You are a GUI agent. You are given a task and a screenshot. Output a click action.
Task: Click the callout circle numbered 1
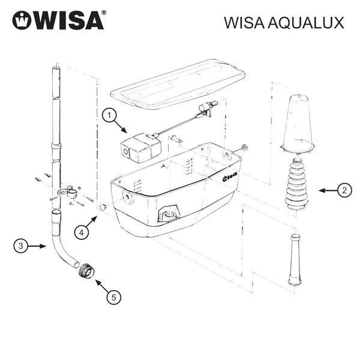coord(109,115)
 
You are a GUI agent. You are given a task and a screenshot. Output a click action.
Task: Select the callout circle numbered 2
coord(344,190)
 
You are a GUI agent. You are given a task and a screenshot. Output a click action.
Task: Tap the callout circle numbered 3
coord(20,246)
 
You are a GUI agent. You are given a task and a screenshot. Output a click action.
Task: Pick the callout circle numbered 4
coord(82,233)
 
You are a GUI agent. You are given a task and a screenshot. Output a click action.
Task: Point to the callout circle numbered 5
coord(113,298)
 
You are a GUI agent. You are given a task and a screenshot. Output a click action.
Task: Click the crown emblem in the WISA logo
coord(22,20)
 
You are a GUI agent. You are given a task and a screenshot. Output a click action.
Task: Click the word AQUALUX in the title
coord(306,23)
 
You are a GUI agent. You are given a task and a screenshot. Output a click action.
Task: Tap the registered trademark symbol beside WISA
coord(104,13)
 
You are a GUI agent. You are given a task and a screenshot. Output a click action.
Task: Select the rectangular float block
coord(141,148)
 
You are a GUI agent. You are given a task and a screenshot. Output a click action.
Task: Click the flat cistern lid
coord(178,84)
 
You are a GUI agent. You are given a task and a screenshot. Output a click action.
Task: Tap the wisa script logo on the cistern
coord(230,178)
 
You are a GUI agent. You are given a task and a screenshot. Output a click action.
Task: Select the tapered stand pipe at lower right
coord(295,259)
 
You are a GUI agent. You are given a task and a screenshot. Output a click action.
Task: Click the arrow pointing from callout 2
coord(328,190)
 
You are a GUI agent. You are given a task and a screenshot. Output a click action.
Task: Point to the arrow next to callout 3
coord(37,246)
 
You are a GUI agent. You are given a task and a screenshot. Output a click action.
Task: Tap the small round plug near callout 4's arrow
coord(103,206)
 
